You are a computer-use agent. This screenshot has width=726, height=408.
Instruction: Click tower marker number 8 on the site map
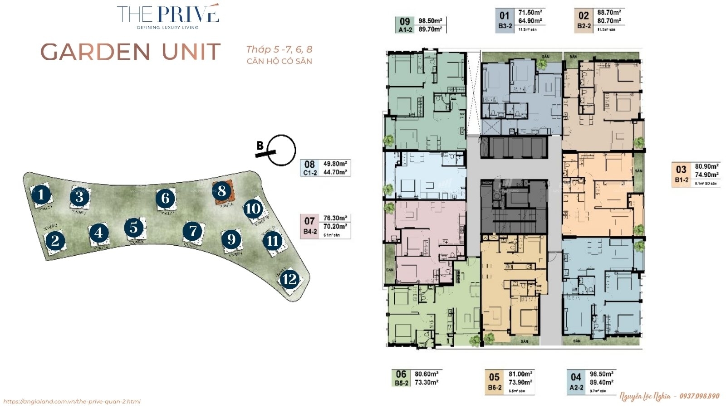coord(222,191)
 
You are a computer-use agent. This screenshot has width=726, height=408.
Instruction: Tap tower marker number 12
coord(289,279)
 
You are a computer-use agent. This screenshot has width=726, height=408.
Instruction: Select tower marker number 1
coord(41,195)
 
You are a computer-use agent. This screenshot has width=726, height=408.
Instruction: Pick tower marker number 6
coord(165,198)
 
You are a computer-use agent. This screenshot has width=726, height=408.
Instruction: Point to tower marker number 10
coord(253,209)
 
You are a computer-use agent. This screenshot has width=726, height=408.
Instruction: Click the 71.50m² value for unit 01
coord(530,13)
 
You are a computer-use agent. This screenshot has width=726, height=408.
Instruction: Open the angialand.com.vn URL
coord(72,401)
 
